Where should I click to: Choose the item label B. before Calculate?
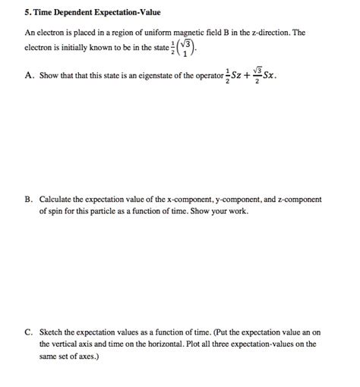(28, 200)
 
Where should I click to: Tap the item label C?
(28, 332)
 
